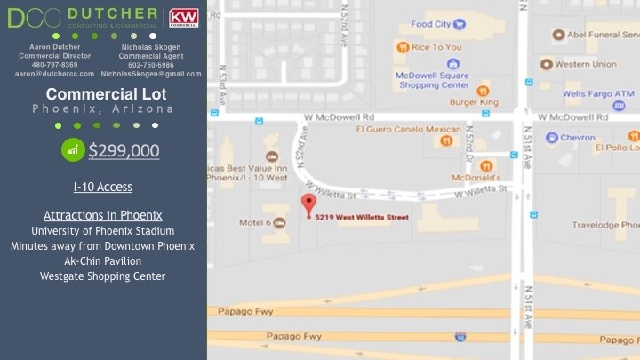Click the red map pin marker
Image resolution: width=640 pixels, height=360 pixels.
point(308,204)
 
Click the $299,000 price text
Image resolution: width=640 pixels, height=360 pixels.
point(124,150)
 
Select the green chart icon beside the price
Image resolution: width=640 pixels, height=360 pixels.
point(73,150)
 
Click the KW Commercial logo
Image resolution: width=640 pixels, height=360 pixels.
point(184,18)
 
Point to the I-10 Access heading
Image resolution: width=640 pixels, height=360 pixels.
point(103,188)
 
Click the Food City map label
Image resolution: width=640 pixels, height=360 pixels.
point(431,24)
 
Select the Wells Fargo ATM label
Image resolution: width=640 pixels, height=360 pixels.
point(597,93)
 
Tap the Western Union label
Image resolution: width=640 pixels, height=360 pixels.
point(585,64)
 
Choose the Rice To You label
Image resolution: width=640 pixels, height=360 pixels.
point(436,47)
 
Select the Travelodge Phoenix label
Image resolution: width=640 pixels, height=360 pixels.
point(609,226)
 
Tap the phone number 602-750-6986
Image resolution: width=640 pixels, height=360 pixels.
point(150,65)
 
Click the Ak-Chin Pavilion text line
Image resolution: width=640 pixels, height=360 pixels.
point(102,261)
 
